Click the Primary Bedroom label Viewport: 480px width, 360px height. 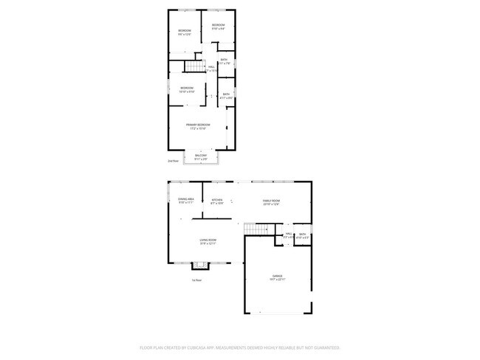[x=198, y=125]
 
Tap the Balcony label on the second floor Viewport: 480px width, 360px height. [x=200, y=155]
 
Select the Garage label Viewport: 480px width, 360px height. [x=276, y=276]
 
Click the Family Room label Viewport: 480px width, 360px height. [x=272, y=201]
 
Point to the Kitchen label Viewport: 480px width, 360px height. [x=217, y=201]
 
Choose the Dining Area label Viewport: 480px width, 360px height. [x=185, y=199]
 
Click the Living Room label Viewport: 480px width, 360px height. [x=208, y=240]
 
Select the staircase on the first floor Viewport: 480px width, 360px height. [x=256, y=231]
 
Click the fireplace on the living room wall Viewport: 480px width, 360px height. [x=198, y=266]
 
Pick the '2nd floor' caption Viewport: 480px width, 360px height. [x=173, y=160]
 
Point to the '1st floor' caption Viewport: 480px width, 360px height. [x=196, y=280]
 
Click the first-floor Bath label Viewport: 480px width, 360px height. [x=302, y=234]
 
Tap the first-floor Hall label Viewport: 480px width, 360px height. [x=288, y=234]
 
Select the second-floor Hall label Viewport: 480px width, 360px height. [x=211, y=67]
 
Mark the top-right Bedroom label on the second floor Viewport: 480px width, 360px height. [x=218, y=26]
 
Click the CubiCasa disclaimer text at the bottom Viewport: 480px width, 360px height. [x=239, y=347]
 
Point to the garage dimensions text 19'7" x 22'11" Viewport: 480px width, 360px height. [x=276, y=279]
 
